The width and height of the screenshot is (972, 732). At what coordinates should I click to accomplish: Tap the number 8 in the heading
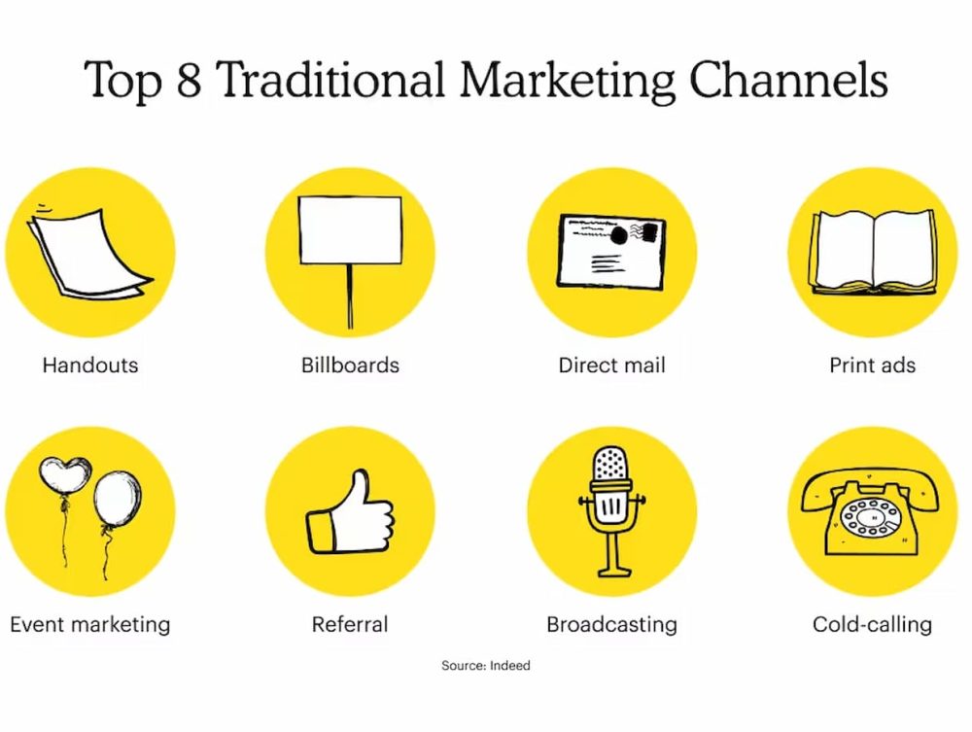(190, 80)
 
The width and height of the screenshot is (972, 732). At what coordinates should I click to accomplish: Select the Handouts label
(90, 366)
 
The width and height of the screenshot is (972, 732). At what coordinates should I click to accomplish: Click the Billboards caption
(350, 366)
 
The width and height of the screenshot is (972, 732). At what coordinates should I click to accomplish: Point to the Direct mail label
(611, 366)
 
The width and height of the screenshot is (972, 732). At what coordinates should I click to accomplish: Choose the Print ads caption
(872, 366)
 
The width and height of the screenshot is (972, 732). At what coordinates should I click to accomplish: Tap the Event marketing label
(90, 625)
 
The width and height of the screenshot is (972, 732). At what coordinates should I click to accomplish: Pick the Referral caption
(350, 624)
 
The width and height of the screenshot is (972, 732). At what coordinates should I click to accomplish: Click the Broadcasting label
(611, 625)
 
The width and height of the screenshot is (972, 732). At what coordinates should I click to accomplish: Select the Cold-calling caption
(872, 625)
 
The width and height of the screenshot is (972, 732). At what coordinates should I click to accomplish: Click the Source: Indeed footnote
(486, 666)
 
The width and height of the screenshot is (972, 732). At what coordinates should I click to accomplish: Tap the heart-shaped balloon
(64, 475)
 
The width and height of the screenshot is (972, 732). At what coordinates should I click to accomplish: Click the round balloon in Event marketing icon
(118, 500)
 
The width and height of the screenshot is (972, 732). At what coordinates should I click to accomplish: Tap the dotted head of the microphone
(611, 464)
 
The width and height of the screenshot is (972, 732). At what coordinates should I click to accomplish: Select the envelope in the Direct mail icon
(611, 252)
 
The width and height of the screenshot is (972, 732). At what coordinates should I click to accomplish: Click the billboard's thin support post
(350, 296)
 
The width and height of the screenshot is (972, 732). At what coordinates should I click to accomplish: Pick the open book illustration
(874, 252)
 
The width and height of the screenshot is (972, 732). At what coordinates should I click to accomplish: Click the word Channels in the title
(788, 80)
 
